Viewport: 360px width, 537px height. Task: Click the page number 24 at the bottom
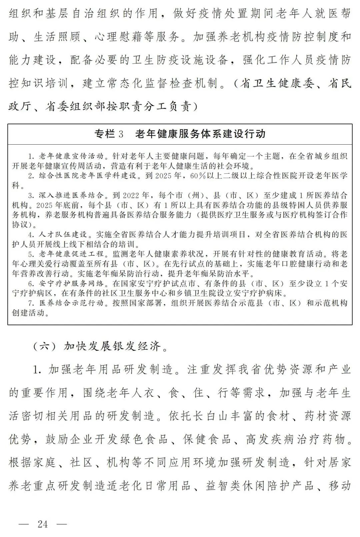pyautogui.click(x=43, y=524)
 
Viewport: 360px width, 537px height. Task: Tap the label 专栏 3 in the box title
pyautogui.click(x=109, y=134)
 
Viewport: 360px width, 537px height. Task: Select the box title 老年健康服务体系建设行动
pyautogui.click(x=200, y=134)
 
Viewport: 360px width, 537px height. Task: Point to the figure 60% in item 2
pyautogui.click(x=198, y=176)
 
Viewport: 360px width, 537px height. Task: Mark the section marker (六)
pyautogui.click(x=45, y=346)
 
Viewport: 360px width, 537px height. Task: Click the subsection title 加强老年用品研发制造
pyautogui.click(x=110, y=369)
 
